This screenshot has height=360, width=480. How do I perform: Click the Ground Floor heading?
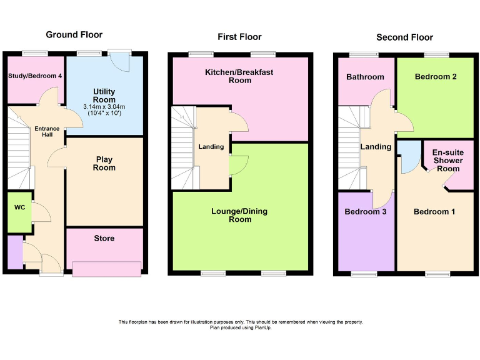[x=74, y=34]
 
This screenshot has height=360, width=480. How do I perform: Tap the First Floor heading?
[x=239, y=37]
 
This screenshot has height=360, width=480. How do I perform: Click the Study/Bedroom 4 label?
[x=35, y=76]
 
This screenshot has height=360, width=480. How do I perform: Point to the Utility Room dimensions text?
[x=104, y=111]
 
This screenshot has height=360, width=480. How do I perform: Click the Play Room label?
[x=104, y=164]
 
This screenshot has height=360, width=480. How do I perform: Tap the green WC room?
[x=19, y=211]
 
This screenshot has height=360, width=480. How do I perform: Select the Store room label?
[x=104, y=238]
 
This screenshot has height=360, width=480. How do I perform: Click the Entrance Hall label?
[x=47, y=132]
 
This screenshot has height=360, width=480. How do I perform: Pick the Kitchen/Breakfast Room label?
[x=239, y=76]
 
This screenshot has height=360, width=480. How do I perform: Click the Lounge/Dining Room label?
[x=239, y=215]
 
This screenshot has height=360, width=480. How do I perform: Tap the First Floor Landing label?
[x=211, y=147]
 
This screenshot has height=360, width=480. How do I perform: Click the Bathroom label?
[x=365, y=77]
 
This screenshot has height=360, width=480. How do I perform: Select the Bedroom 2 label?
[x=436, y=77]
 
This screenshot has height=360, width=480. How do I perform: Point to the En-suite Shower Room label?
[x=448, y=161]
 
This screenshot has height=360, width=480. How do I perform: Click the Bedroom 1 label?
[x=434, y=212]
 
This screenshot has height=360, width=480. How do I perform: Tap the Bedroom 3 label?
[x=366, y=212]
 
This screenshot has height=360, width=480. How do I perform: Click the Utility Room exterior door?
[x=117, y=61]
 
